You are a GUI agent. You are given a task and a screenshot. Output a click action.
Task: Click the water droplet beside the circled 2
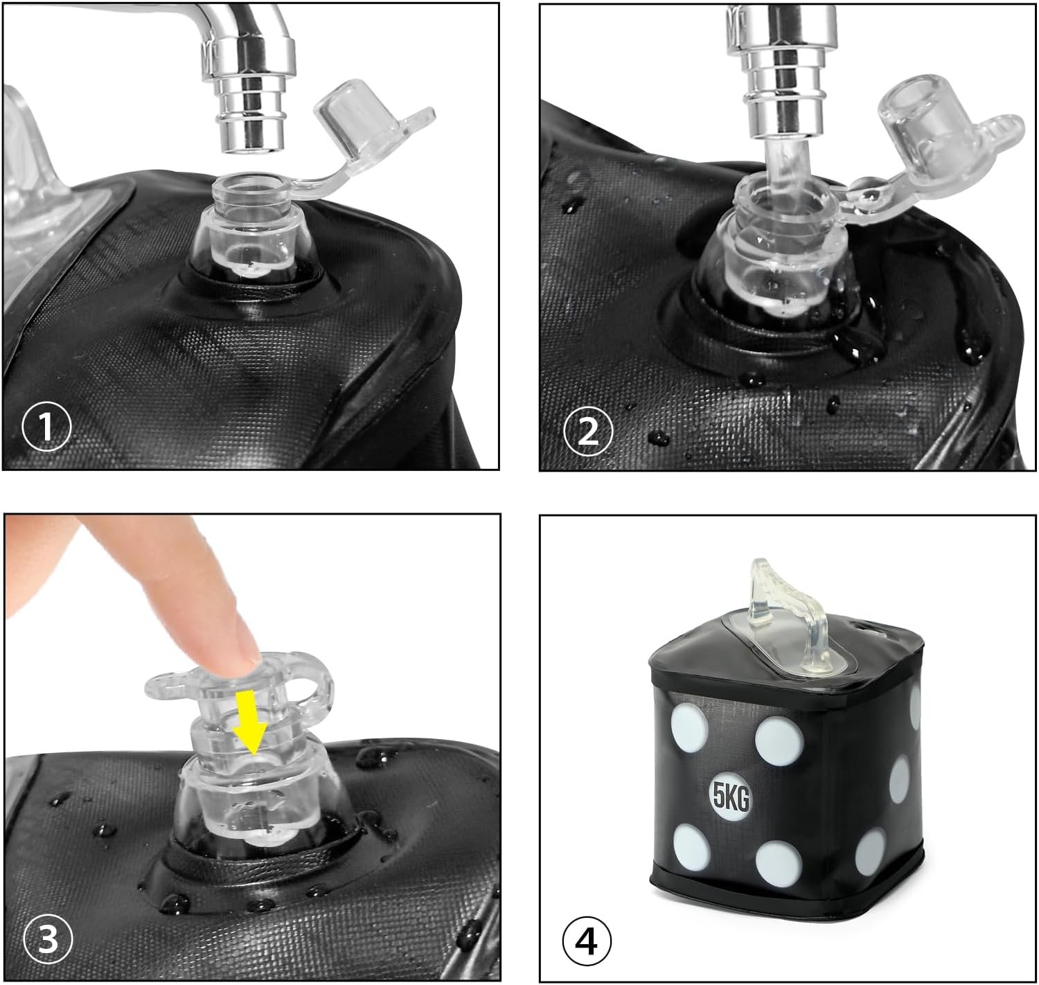tap(658, 437)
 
